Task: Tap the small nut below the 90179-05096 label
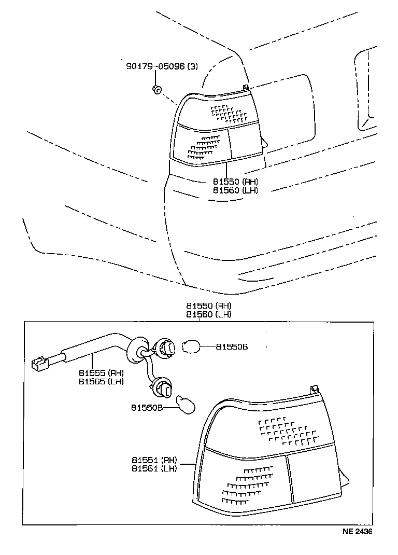156,89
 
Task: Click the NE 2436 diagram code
357,531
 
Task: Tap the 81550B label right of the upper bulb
232,346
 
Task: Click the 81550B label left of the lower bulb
147,408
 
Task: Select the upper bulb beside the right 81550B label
192,345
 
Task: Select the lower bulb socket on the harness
161,387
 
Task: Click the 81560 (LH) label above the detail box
209,314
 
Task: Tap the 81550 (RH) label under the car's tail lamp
235,182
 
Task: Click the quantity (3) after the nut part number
192,66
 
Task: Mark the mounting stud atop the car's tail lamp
246,87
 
